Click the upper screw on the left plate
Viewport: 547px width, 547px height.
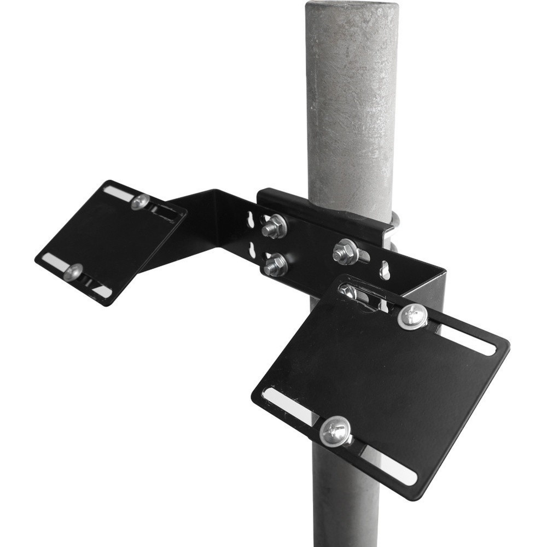pyautogui.click(x=140, y=202)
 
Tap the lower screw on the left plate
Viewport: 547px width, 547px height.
pyautogui.click(x=73, y=272)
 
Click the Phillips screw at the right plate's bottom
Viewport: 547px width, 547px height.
pyautogui.click(x=335, y=431)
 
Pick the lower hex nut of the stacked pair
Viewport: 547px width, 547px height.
pyautogui.click(x=275, y=265)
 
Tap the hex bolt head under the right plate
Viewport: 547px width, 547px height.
pyautogui.click(x=348, y=290)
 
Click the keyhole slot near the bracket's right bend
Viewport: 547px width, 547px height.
pyautogui.click(x=385, y=270)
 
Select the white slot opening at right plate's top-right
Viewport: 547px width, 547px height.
pyautogui.click(x=468, y=341)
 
